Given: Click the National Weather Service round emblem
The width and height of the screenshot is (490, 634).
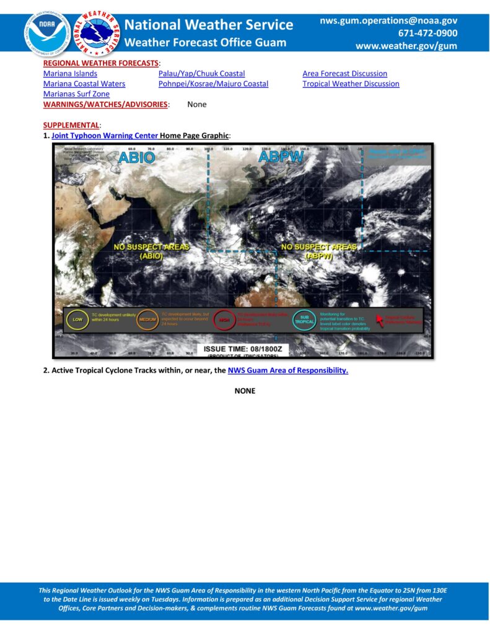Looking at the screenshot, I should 97,33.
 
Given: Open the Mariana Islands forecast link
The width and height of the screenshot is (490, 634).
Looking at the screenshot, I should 70,74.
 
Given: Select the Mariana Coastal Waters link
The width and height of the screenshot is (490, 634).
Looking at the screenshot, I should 84,84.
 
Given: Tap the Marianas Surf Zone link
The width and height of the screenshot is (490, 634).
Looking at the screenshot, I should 76,94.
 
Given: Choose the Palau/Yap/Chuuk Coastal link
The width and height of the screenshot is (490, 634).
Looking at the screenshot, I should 201,74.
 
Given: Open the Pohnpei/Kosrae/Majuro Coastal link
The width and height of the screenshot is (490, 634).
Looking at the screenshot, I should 213,84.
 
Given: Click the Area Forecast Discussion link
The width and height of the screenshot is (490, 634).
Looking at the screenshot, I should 344,74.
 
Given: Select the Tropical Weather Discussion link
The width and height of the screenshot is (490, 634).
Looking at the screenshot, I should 351,84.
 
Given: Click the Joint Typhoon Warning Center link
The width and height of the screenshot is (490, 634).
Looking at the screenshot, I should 105,135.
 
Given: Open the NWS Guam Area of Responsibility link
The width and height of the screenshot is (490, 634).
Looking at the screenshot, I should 288,371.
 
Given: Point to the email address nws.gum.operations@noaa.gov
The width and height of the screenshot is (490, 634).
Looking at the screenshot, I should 388,21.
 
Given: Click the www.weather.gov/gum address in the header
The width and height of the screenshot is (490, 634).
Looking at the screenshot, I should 406,46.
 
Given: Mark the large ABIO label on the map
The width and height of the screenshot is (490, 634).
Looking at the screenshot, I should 136,157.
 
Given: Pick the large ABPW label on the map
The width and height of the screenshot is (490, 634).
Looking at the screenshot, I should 281,157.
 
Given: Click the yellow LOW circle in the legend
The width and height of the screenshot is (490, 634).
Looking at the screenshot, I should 77,319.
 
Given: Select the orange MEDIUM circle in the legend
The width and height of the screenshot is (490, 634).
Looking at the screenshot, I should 147,319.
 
